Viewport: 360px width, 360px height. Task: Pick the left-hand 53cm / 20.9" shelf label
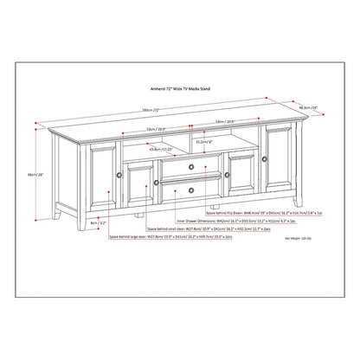point(133,129)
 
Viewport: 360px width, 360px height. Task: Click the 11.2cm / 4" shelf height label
point(203,141)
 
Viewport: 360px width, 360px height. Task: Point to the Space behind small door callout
point(198,228)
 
